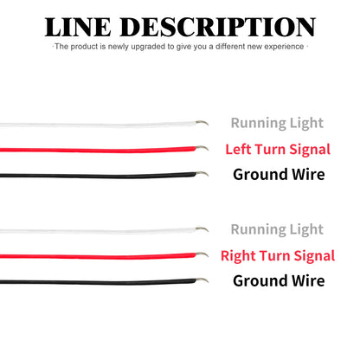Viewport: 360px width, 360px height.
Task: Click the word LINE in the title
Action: click(77, 27)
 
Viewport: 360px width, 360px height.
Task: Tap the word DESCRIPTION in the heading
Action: click(217, 27)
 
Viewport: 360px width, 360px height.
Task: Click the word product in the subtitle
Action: click(85, 47)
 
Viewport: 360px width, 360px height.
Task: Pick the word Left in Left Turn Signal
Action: click(238, 150)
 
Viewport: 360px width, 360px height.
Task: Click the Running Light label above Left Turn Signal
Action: click(277, 124)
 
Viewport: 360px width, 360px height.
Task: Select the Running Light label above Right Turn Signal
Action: click(277, 230)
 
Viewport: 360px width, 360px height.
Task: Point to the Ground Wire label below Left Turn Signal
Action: click(279, 175)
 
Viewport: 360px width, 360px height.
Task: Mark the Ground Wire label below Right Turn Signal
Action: click(279, 281)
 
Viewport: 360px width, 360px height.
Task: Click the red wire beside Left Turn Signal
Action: click(98, 150)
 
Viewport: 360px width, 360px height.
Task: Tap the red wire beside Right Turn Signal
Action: click(98, 256)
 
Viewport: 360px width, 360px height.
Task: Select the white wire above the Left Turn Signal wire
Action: click(98, 125)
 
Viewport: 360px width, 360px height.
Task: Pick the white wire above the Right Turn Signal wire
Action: click(98, 231)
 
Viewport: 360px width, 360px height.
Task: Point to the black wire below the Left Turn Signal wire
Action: click(98, 175)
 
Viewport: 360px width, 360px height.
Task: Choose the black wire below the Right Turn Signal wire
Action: click(98, 281)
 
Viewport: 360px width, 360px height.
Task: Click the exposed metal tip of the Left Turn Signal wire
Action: click(202, 148)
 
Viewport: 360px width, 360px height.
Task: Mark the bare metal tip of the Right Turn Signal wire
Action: click(202, 254)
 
